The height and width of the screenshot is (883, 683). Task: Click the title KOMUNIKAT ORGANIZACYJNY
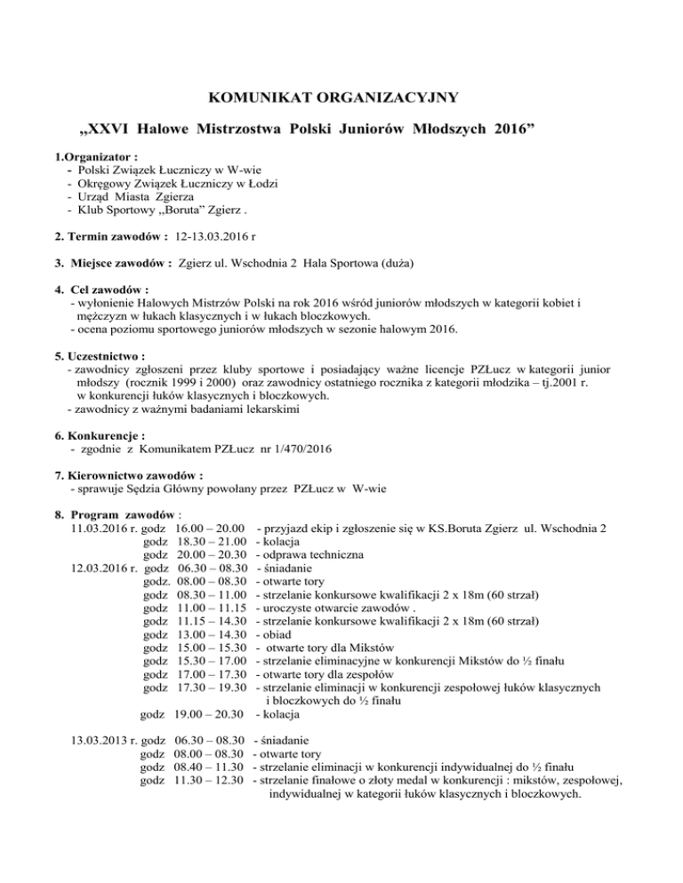pyautogui.click(x=341, y=97)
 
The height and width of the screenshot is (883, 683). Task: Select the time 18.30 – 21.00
pyautogui.click(x=211, y=543)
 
